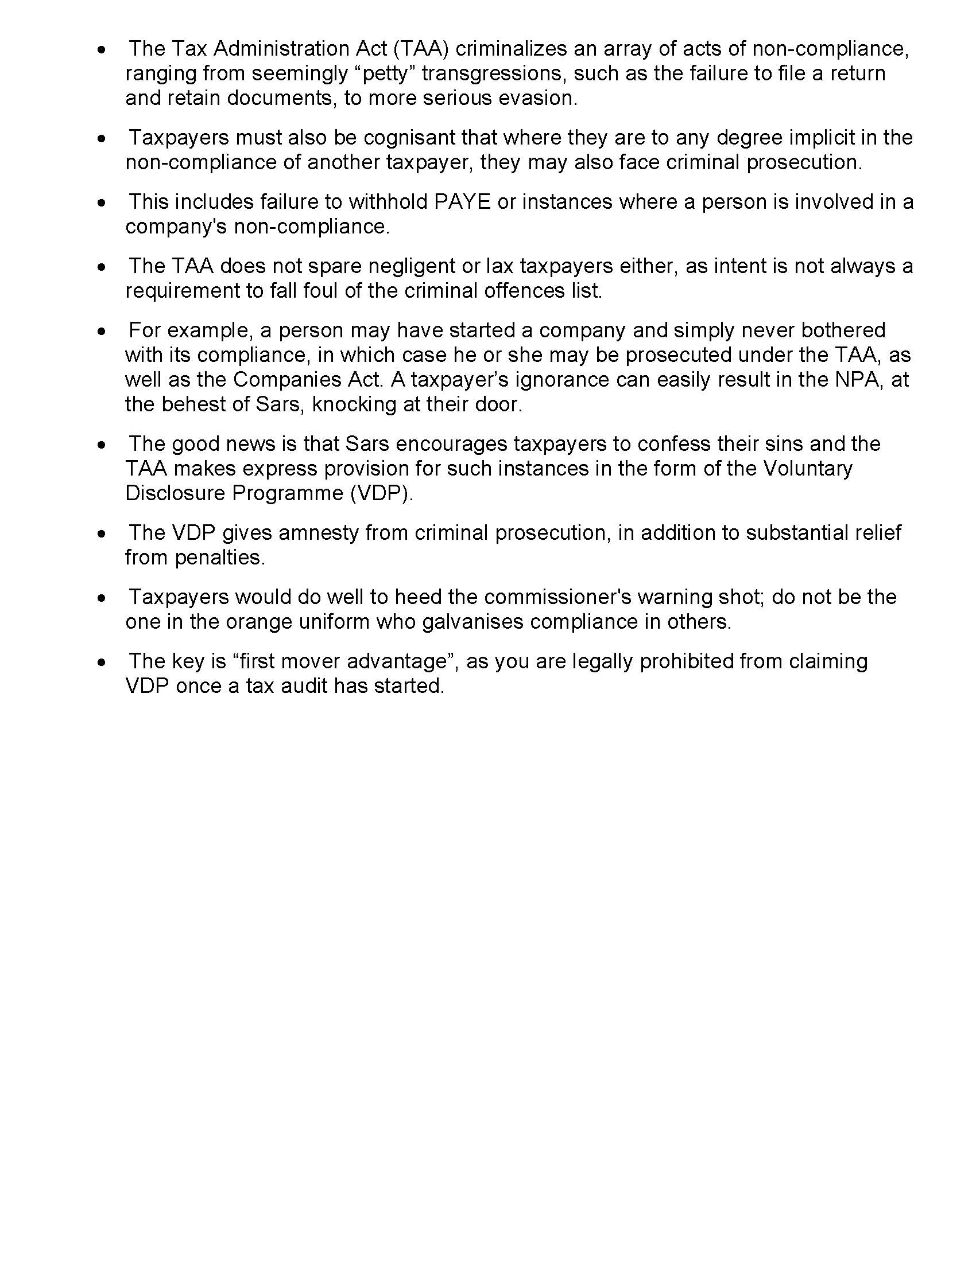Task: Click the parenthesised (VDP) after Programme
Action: [x=382, y=493]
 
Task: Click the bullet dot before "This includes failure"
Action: [x=102, y=203]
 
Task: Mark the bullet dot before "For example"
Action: [x=102, y=331]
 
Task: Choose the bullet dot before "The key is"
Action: [x=102, y=661]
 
